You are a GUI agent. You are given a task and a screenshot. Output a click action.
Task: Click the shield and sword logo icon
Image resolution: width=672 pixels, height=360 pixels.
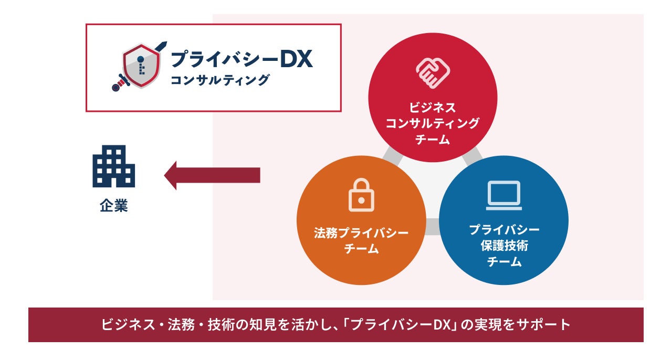[139, 67]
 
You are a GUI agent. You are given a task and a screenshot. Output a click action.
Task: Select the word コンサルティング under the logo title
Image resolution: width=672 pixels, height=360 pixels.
[220, 80]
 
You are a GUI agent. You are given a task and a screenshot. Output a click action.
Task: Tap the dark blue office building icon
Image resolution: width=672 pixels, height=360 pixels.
[114, 166]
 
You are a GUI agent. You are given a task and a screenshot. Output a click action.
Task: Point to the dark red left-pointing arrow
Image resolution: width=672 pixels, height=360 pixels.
[212, 175]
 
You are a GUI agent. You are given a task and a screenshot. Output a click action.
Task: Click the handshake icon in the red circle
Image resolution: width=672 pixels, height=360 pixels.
[433, 72]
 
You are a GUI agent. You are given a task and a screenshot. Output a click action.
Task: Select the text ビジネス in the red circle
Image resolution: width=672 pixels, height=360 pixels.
[433, 108]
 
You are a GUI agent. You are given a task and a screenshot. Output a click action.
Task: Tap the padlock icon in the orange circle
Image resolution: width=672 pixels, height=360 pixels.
[361, 195]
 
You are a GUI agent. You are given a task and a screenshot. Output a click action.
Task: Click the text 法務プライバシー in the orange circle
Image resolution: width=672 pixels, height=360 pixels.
[361, 233]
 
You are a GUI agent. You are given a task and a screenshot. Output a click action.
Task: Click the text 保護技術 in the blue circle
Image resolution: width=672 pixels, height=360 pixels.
[504, 246]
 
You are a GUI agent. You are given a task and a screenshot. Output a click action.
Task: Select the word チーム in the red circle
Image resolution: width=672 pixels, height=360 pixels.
[433, 140]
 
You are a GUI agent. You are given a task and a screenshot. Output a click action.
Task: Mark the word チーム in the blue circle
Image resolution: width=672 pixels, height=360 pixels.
[504, 261]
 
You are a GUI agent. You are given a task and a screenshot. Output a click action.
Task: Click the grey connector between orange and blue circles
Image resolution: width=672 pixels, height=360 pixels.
[433, 227]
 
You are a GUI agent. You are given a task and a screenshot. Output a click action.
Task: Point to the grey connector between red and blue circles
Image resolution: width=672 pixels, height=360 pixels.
[472, 154]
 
